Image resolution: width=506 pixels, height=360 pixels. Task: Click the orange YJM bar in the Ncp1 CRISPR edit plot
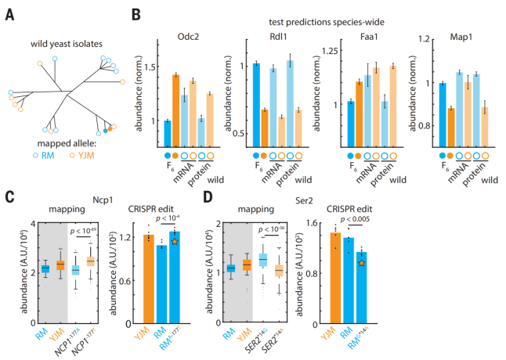(169, 279)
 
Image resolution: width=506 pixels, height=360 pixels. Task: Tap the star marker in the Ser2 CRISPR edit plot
(362, 264)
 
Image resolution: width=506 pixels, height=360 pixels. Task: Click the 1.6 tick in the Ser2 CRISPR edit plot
(312, 225)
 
